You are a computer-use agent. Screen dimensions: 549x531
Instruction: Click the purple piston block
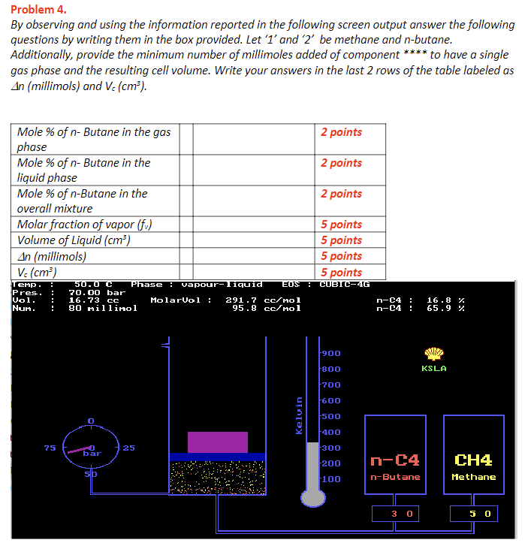click(x=217, y=442)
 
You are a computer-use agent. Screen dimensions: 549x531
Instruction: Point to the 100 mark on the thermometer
click(x=332, y=479)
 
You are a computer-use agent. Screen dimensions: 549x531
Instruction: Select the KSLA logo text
click(x=434, y=369)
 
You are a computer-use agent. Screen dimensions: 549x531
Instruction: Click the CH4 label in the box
click(x=473, y=460)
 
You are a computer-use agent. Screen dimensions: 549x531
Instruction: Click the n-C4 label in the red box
click(x=395, y=460)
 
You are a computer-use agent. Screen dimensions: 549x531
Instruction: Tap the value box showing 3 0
click(x=395, y=514)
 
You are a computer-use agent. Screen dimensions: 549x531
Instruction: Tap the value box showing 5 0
click(x=473, y=514)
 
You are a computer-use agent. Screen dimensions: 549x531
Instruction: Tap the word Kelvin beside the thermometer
click(x=300, y=415)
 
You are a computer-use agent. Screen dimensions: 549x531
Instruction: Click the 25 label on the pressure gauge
click(x=128, y=448)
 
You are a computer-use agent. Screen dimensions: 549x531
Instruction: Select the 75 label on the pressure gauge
click(x=50, y=448)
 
